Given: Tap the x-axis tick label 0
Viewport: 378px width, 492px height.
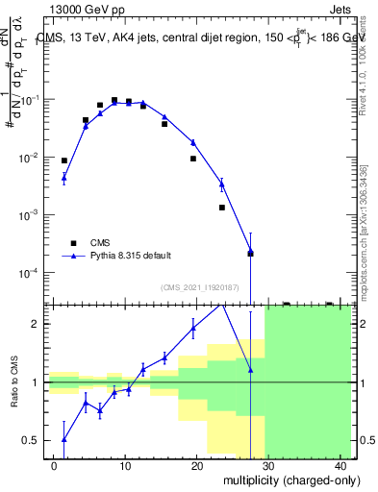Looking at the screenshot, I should tap(55, 465).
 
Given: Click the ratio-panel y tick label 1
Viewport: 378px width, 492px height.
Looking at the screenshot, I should tap(38, 382).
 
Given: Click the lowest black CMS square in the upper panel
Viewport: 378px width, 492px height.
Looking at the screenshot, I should tap(250, 253).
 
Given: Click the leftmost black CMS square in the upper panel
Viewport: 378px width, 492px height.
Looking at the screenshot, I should tap(64, 160).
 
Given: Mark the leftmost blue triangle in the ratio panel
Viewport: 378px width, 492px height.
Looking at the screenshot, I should tap(64, 439).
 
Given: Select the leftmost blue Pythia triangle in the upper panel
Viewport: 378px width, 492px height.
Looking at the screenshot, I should tap(64, 177).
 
